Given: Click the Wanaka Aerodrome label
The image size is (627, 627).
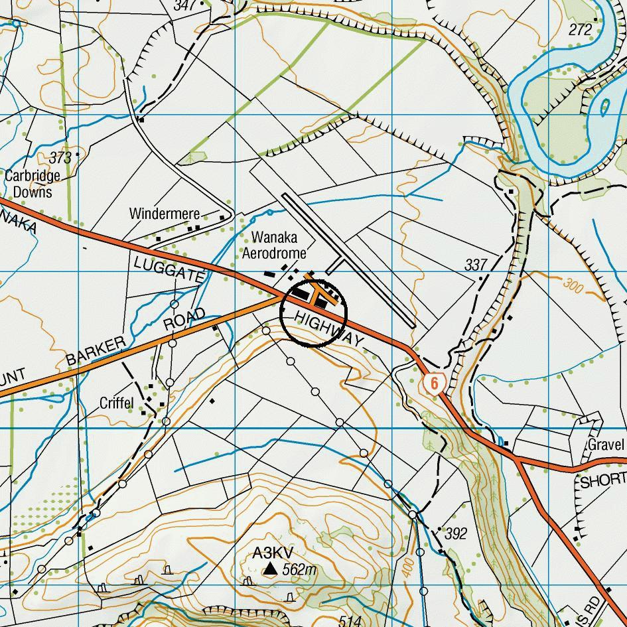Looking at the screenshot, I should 274,245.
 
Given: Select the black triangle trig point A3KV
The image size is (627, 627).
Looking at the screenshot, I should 270,569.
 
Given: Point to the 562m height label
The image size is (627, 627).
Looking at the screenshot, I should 299,569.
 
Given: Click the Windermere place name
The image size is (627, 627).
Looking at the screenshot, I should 164,214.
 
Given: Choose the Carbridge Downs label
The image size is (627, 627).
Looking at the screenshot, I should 32,184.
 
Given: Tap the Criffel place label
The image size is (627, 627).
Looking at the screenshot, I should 116,403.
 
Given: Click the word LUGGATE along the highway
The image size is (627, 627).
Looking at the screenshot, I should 168,271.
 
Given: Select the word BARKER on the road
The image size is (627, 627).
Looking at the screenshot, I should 96,352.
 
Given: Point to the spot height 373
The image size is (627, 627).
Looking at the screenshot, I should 60,158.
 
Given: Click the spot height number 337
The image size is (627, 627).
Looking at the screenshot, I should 476,265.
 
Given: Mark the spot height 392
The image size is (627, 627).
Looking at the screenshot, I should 456,533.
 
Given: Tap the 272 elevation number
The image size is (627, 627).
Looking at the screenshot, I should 580,29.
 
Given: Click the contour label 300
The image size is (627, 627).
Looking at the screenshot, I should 575,286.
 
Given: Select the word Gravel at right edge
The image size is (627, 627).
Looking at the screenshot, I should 606,445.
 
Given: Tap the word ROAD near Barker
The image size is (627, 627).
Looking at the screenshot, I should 184,319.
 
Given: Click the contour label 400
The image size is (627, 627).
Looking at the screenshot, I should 407,566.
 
